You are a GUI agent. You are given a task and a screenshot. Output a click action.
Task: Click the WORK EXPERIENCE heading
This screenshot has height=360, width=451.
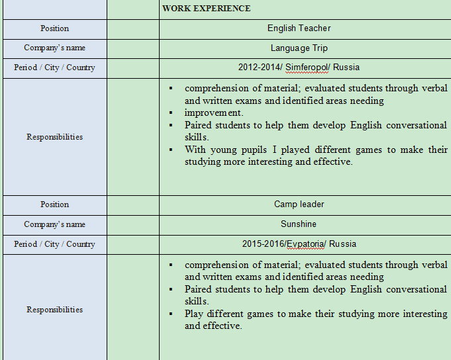(206, 9)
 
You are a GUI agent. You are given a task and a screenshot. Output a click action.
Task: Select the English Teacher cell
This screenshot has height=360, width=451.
(299, 28)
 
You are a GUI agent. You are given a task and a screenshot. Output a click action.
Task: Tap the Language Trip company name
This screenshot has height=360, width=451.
(299, 48)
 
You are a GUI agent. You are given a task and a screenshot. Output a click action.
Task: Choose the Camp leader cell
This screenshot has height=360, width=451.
(299, 204)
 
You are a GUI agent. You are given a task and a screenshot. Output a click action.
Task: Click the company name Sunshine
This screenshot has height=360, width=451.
(299, 224)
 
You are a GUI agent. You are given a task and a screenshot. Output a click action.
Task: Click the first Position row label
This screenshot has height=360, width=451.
(54, 28)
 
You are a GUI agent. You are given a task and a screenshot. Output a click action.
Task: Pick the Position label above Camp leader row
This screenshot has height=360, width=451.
(54, 204)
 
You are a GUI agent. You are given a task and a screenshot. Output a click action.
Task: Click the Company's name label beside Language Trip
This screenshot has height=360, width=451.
(54, 48)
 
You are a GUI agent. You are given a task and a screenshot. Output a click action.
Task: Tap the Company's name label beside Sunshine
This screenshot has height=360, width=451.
(54, 224)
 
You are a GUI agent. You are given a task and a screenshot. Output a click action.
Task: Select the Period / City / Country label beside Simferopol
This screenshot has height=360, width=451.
(54, 67)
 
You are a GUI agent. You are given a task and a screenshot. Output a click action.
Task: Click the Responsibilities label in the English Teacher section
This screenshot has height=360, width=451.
(54, 137)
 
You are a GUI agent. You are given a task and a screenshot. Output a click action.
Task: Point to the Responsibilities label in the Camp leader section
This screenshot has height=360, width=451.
(54, 310)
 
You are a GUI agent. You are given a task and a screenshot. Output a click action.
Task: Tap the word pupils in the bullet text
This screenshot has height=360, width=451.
(256, 150)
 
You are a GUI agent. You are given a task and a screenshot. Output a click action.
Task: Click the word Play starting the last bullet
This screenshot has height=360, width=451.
(195, 314)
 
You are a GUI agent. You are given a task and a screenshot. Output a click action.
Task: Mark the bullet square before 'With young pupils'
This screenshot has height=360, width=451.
(170, 150)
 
